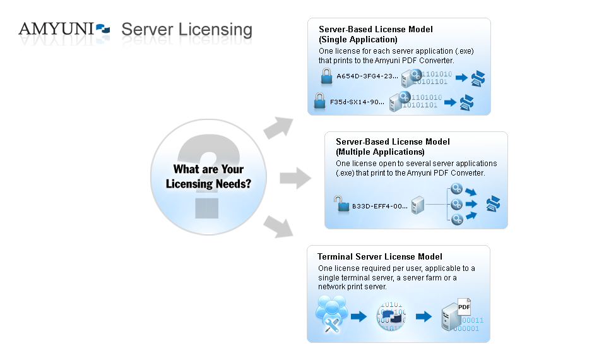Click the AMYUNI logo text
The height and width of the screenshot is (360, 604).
click(56, 28)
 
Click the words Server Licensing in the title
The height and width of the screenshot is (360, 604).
click(187, 30)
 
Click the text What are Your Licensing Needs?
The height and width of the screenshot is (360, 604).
click(208, 177)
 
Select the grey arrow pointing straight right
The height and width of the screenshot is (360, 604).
click(295, 179)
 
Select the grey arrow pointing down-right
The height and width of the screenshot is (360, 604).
click(278, 227)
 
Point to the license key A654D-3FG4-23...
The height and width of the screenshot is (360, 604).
click(367, 76)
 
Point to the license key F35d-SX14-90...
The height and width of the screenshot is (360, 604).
click(357, 101)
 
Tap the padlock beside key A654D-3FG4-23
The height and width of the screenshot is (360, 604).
click(326, 76)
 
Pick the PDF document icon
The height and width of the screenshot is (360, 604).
click(465, 307)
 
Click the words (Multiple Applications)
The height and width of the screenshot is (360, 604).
click(380, 152)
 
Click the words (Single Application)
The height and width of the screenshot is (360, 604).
click(358, 40)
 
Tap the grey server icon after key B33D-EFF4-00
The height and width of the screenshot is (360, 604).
click(417, 205)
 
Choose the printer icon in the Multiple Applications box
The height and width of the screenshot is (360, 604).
click(493, 204)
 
